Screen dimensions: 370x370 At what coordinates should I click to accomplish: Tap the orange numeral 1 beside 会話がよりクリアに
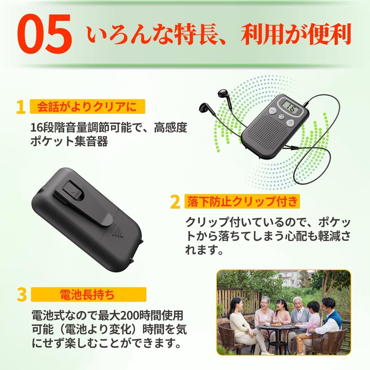[20, 107]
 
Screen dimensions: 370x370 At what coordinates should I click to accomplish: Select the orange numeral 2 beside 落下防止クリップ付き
[175, 202]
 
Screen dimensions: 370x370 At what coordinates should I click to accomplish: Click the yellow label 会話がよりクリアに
[87, 107]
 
